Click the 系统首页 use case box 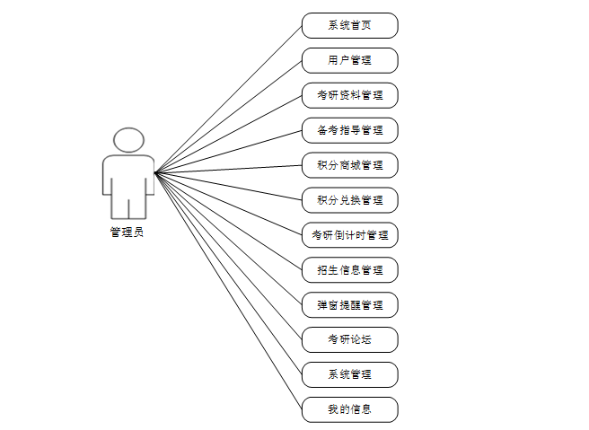(x=349, y=25)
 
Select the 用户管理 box (x=349, y=60)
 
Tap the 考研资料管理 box (x=349, y=95)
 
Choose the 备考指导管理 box (x=349, y=130)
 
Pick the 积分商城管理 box (x=349, y=165)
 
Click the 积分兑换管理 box (x=349, y=199)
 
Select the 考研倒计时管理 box (x=349, y=235)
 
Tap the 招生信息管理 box (x=349, y=269)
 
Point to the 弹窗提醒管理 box (x=349, y=304)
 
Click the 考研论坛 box (x=349, y=339)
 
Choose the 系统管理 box (x=349, y=374)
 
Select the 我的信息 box (x=349, y=409)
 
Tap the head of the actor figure (x=128, y=140)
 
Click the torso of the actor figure (x=128, y=175)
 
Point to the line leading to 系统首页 (x=228, y=99)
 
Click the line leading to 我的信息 (x=228, y=291)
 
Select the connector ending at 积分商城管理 (x=228, y=169)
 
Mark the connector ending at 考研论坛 (x=228, y=256)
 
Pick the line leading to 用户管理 (x=228, y=116)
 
